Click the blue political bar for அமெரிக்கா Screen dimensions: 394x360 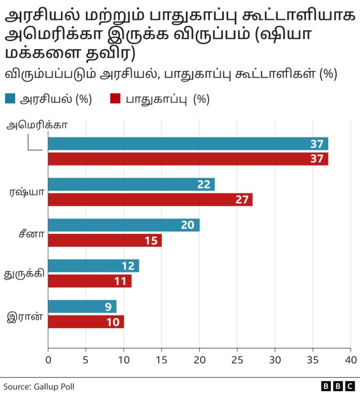tap(188, 144)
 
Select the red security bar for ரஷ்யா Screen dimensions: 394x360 tap(150, 200)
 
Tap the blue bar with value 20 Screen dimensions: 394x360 tap(124, 225)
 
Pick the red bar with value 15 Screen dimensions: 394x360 tap(105, 240)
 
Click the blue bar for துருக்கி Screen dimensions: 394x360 tap(93, 266)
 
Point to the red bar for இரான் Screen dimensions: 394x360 tap(86, 321)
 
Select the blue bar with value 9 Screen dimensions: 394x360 tap(82, 307)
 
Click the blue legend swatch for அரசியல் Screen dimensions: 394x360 tap(10, 99)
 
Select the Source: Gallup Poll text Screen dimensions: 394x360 tap(39, 387)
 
